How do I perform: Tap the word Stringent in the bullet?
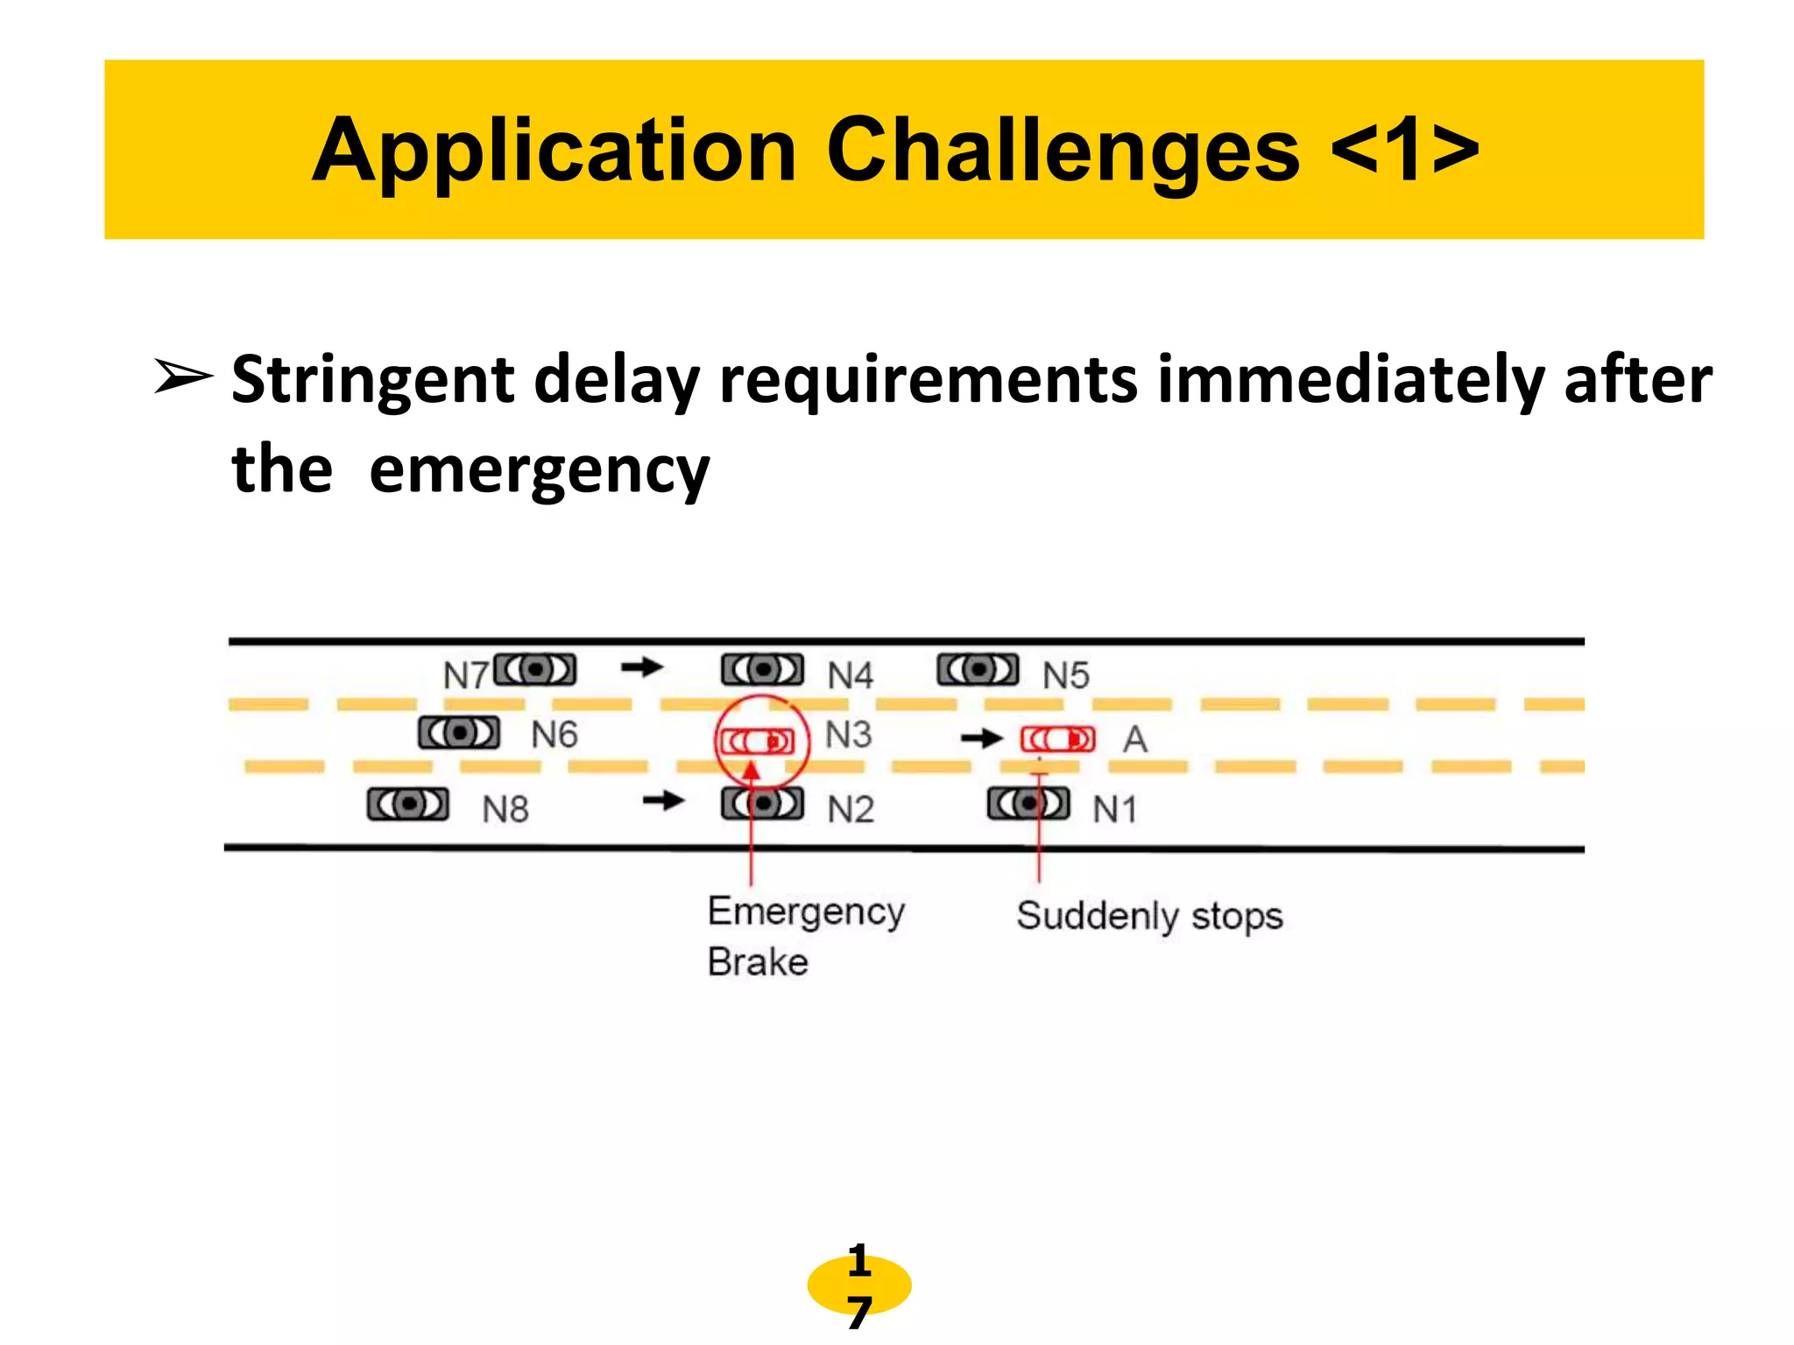click(372, 379)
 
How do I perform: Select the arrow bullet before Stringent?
click(183, 377)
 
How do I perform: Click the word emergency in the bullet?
click(539, 470)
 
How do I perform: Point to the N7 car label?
click(465, 675)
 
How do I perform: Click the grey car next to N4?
click(762, 671)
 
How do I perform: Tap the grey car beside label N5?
click(978, 671)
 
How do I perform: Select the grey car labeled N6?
click(459, 733)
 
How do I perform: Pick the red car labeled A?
click(1057, 739)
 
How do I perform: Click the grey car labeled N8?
click(408, 804)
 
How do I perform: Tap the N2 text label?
click(851, 809)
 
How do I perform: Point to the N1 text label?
click(1114, 809)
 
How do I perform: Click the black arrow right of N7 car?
click(642, 668)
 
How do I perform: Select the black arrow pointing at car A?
click(981, 739)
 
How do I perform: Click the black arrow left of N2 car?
click(663, 800)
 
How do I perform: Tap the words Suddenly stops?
click(1149, 916)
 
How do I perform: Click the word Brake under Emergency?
click(758, 961)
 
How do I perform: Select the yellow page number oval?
click(858, 1285)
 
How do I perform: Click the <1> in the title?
click(1404, 151)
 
